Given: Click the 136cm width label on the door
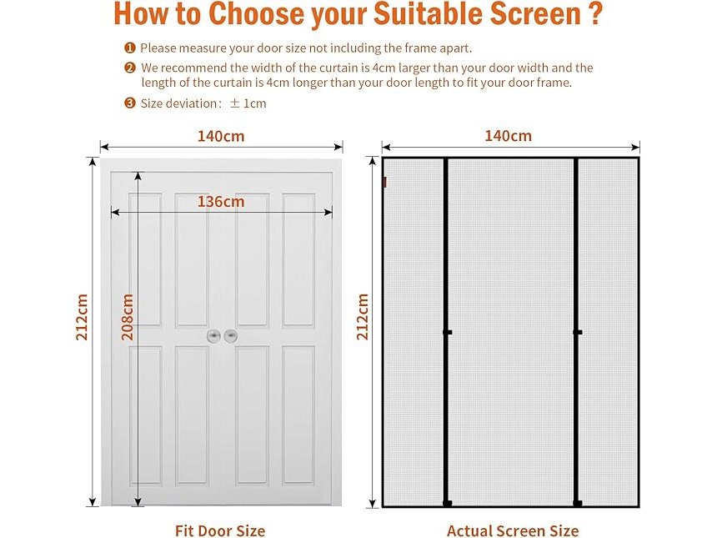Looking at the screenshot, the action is (x=221, y=201).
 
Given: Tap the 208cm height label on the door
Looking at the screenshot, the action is (x=127, y=317).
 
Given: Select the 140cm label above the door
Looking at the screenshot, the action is (x=221, y=136).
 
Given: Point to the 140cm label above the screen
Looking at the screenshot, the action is (x=508, y=135).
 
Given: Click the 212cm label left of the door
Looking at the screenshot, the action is (x=82, y=317).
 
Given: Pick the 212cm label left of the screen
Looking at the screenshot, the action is (x=362, y=317).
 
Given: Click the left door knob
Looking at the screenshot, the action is (x=213, y=336).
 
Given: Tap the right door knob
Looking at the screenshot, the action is (x=230, y=336).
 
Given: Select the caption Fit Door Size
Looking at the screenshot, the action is (x=220, y=530).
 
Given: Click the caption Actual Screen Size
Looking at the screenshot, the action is (x=513, y=530).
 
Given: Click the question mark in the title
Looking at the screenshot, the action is (x=595, y=13).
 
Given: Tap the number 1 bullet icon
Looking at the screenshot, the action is (x=130, y=48).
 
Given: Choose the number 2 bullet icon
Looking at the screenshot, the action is (x=130, y=68).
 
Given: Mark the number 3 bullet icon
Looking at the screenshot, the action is (x=130, y=103).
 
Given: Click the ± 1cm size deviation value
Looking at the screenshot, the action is (x=248, y=103).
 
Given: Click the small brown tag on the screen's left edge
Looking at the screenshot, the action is (x=384, y=182).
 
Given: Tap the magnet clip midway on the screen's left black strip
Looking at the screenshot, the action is (x=447, y=332).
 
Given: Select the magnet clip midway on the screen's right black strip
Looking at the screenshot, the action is (x=577, y=332).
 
